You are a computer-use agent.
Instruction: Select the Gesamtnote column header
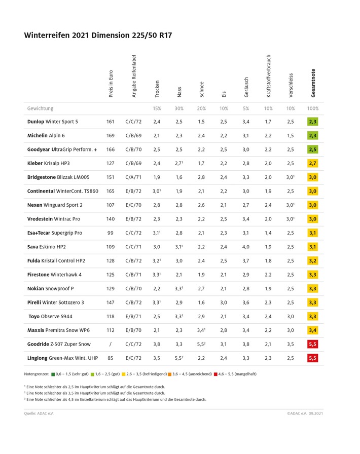[x=313, y=83]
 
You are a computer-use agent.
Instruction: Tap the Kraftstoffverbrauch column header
[x=269, y=76]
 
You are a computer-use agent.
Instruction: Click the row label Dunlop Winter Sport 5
[x=53, y=122]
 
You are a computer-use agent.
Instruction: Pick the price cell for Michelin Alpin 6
[x=111, y=136]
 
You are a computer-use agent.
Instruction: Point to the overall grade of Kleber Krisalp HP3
[x=312, y=164]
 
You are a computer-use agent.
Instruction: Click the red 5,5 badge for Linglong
[x=312, y=358]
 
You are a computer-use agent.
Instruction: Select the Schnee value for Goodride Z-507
[x=202, y=344]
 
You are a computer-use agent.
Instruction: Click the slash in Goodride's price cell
[x=111, y=344]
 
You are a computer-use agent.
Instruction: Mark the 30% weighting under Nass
[x=179, y=108]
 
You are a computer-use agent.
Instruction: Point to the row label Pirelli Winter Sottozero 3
[x=56, y=302]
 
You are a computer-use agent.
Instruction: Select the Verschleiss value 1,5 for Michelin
[x=290, y=136]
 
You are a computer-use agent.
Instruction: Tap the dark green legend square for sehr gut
[x=53, y=374]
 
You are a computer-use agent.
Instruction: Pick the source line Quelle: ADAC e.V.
[x=39, y=413]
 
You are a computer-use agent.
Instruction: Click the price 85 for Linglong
[x=111, y=358]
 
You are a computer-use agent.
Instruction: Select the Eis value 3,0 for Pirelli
[x=224, y=302]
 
